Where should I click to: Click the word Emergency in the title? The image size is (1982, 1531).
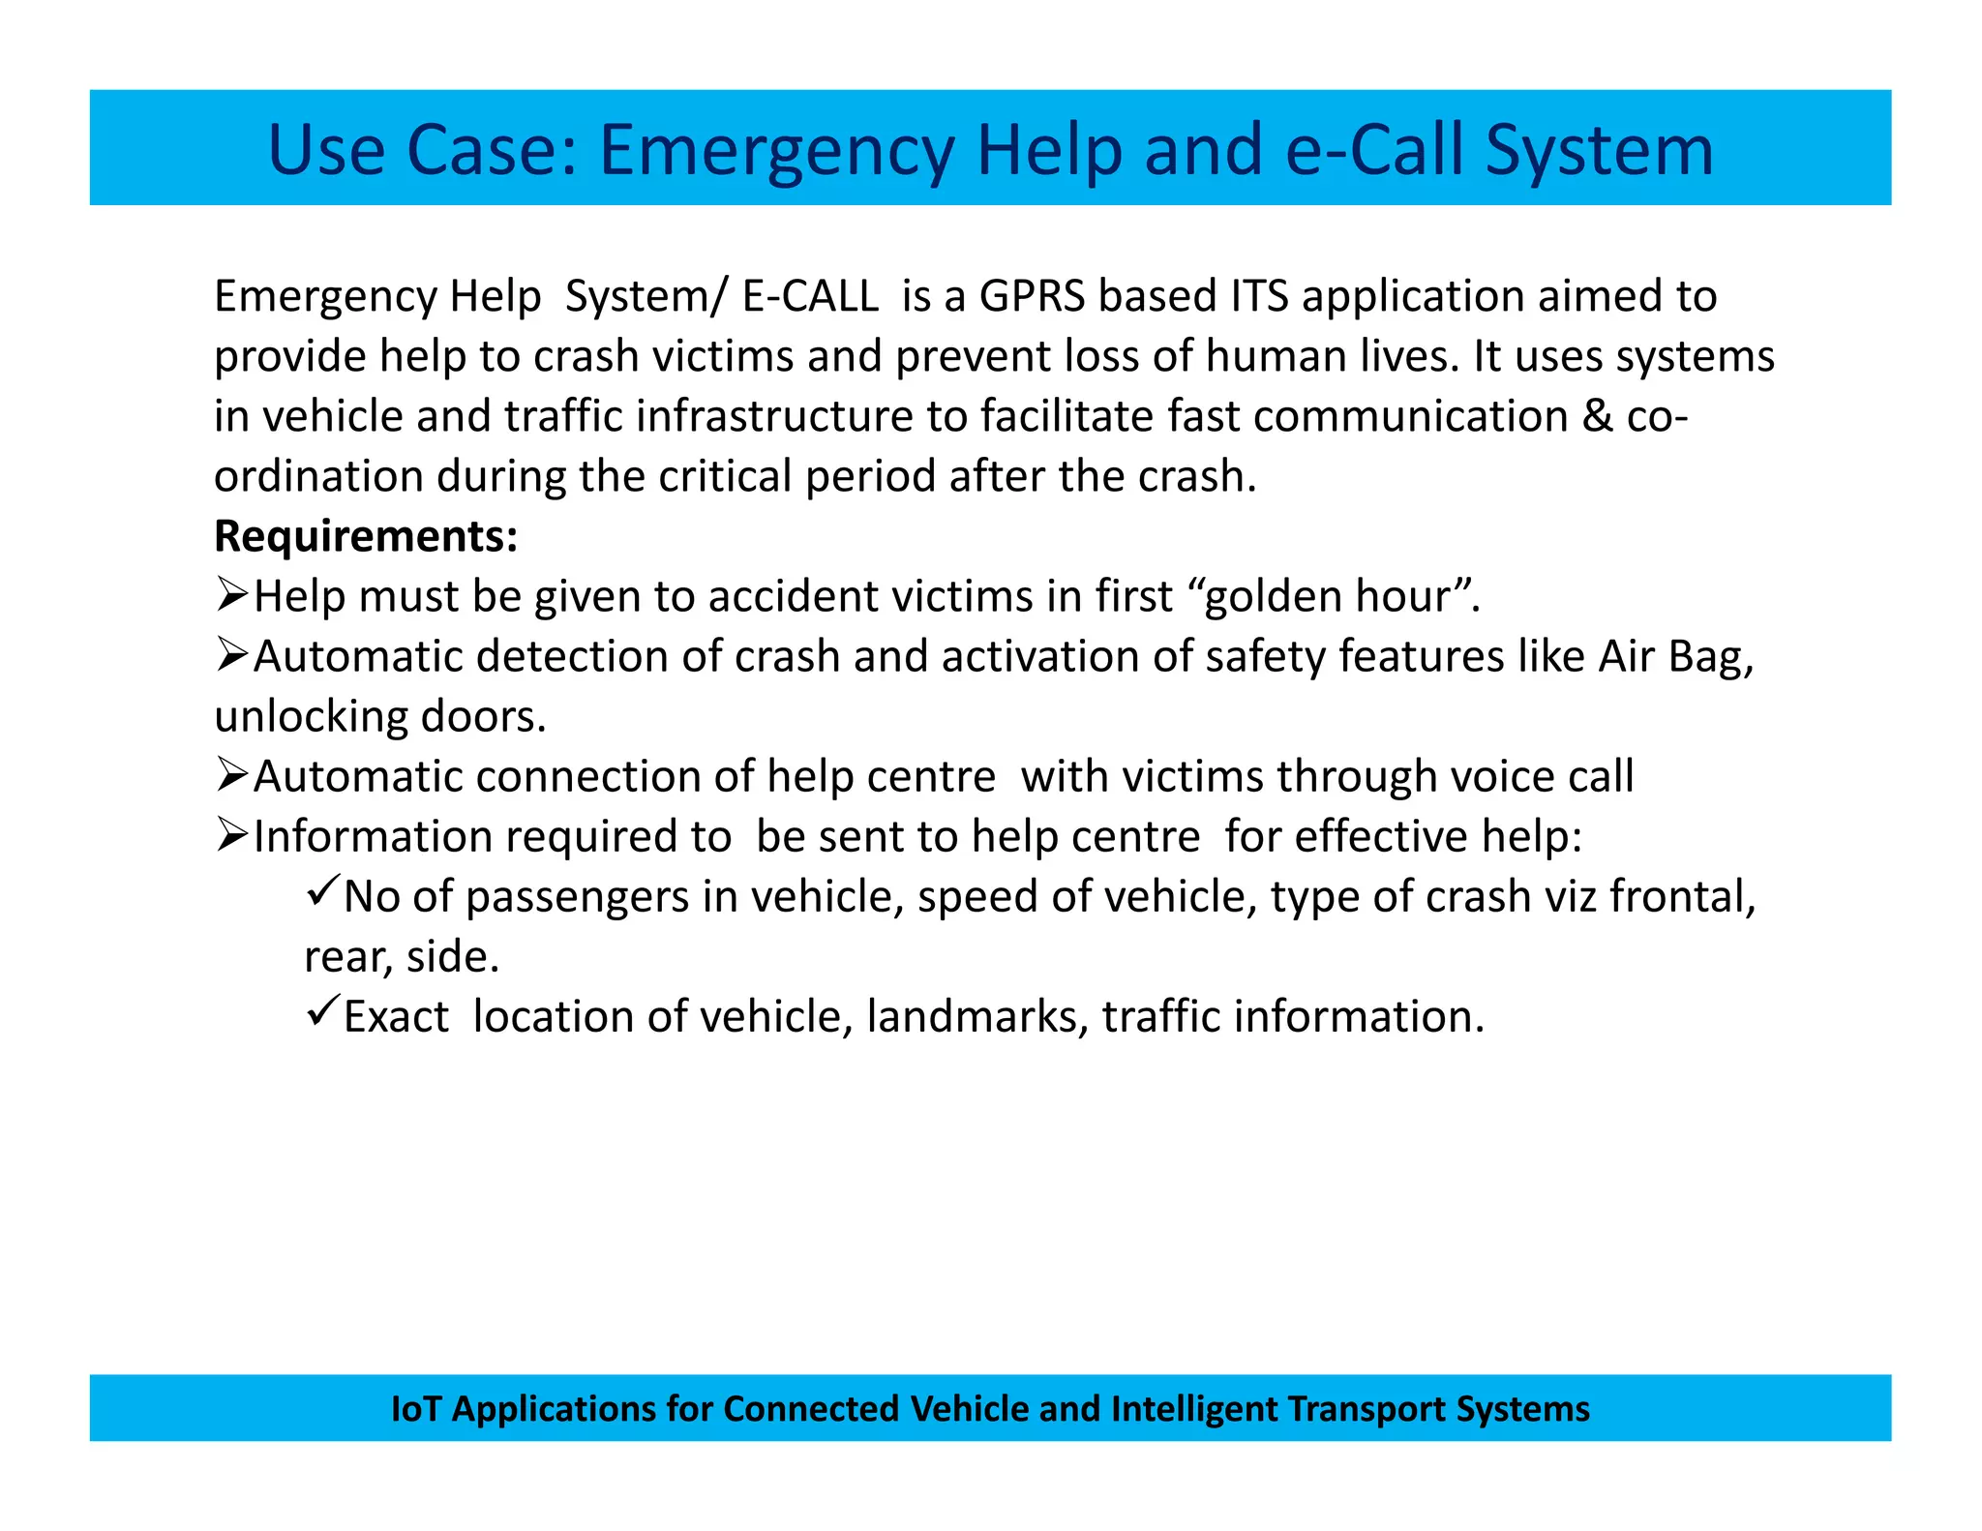[x=776, y=151]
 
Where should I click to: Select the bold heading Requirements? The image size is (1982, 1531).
[x=366, y=535]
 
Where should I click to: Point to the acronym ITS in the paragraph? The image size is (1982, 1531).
[x=1259, y=296]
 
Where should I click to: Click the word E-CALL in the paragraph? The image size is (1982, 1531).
[x=810, y=296]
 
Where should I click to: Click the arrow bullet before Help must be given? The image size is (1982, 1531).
[x=232, y=594]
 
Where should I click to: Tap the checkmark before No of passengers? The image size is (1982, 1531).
[x=321, y=890]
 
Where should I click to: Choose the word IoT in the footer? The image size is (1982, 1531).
[x=415, y=1409]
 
